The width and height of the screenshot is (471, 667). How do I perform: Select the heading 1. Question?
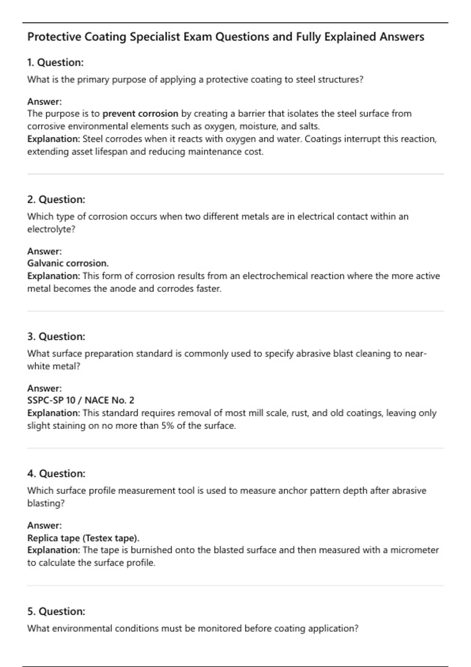[x=55, y=62]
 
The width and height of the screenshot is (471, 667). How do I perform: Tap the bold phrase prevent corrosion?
[x=141, y=114]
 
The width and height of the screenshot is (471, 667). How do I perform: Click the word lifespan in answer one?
[x=111, y=151]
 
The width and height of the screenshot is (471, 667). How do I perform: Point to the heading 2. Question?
[x=56, y=199]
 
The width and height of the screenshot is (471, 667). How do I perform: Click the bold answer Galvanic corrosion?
[x=68, y=263]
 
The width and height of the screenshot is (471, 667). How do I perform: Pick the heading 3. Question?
[x=56, y=337]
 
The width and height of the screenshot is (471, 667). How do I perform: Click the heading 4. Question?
[x=56, y=474]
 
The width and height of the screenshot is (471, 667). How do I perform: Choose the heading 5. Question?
[x=56, y=611]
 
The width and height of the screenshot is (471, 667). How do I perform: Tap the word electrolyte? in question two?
[x=51, y=229]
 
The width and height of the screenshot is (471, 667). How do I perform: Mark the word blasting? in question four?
[x=46, y=503]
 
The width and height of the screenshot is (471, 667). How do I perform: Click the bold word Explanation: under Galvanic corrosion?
[x=53, y=276]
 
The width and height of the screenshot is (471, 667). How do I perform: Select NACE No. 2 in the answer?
[x=110, y=400]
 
